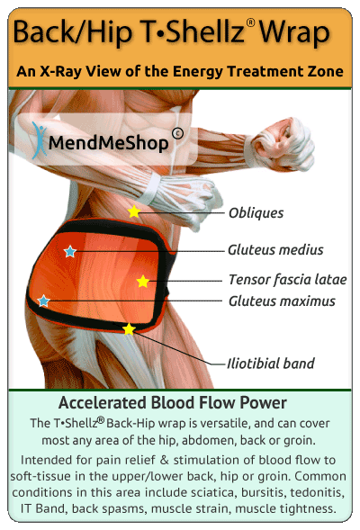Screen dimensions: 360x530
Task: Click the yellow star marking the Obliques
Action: pos(134,211)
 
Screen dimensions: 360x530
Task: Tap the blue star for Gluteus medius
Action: pos(70,251)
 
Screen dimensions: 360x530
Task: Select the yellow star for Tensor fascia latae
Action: pos(143,282)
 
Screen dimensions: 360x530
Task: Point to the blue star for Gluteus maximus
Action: pos(43,301)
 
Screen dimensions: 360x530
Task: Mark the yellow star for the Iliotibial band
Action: pos(129,329)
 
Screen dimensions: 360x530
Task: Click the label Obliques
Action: pos(256,213)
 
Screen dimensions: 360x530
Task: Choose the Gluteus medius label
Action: pos(275,250)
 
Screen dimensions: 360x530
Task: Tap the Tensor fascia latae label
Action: pos(288,280)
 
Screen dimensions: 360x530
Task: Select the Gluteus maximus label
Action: pos(282,301)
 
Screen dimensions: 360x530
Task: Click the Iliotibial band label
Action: pos(270,364)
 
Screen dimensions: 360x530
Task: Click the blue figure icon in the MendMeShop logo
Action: pos(40,140)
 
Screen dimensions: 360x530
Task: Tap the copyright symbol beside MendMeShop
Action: pos(177,133)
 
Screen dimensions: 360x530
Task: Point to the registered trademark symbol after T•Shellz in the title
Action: pos(250,22)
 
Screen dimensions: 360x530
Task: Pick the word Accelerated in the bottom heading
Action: pos(103,402)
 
